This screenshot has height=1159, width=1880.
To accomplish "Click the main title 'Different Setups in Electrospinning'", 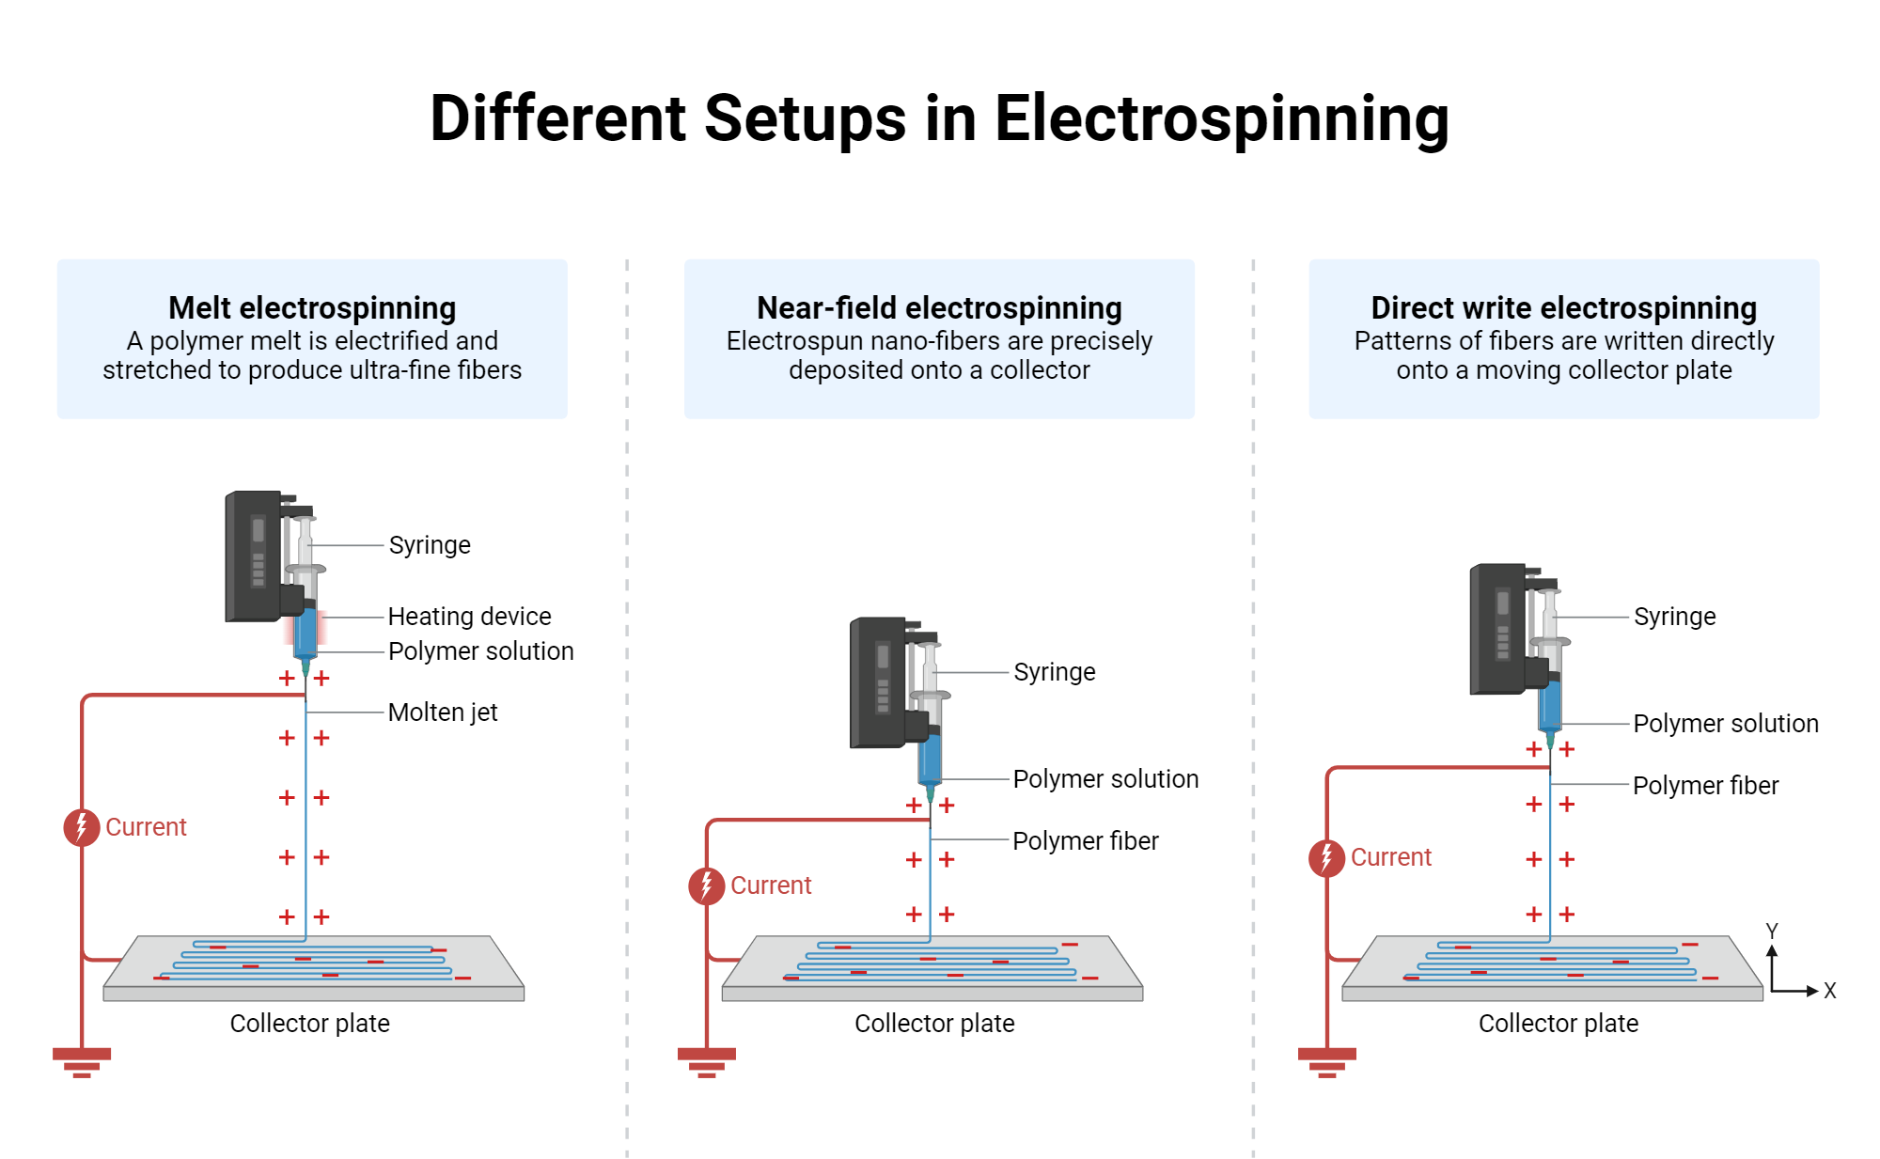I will (x=939, y=119).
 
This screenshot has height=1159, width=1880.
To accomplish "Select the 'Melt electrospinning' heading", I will (x=312, y=308).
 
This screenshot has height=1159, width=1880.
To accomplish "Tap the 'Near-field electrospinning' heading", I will (x=939, y=308).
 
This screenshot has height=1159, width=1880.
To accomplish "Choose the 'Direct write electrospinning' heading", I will (x=1563, y=308).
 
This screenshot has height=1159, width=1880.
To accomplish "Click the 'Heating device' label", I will (x=469, y=617).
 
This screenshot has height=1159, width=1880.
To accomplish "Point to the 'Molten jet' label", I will (x=442, y=713).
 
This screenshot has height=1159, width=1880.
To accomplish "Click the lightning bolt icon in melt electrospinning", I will (x=82, y=827).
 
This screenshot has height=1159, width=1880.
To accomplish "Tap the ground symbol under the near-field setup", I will (x=706, y=1061).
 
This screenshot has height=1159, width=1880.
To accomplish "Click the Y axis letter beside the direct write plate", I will (x=1772, y=931).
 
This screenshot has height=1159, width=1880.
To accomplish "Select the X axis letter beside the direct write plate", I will (x=1829, y=991).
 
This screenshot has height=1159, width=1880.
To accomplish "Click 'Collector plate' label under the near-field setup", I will (x=934, y=1024).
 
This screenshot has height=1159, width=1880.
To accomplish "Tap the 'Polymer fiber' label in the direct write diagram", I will (x=1705, y=786).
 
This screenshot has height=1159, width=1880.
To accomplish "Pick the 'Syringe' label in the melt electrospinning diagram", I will (x=430, y=545).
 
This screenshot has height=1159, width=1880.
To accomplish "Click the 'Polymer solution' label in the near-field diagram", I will (x=1105, y=779).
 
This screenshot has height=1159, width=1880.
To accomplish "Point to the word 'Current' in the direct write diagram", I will (x=1390, y=857).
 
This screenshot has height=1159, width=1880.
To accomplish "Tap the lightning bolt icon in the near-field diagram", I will (x=706, y=885).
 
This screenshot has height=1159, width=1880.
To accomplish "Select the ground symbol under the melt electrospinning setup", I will (x=82, y=1061).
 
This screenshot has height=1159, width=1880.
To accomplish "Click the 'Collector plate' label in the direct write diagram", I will (x=1558, y=1024).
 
